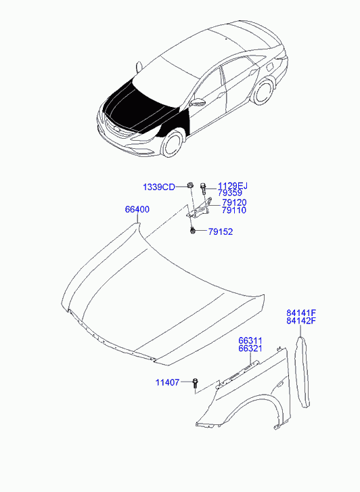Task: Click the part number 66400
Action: (137, 209)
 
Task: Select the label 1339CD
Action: (159, 187)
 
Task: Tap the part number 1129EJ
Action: (233, 186)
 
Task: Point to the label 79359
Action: (230, 193)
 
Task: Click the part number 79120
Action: (234, 202)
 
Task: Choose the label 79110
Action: (234, 210)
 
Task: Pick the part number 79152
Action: (221, 232)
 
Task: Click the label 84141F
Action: (300, 313)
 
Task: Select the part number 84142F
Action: (300, 321)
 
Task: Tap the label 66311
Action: (250, 341)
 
